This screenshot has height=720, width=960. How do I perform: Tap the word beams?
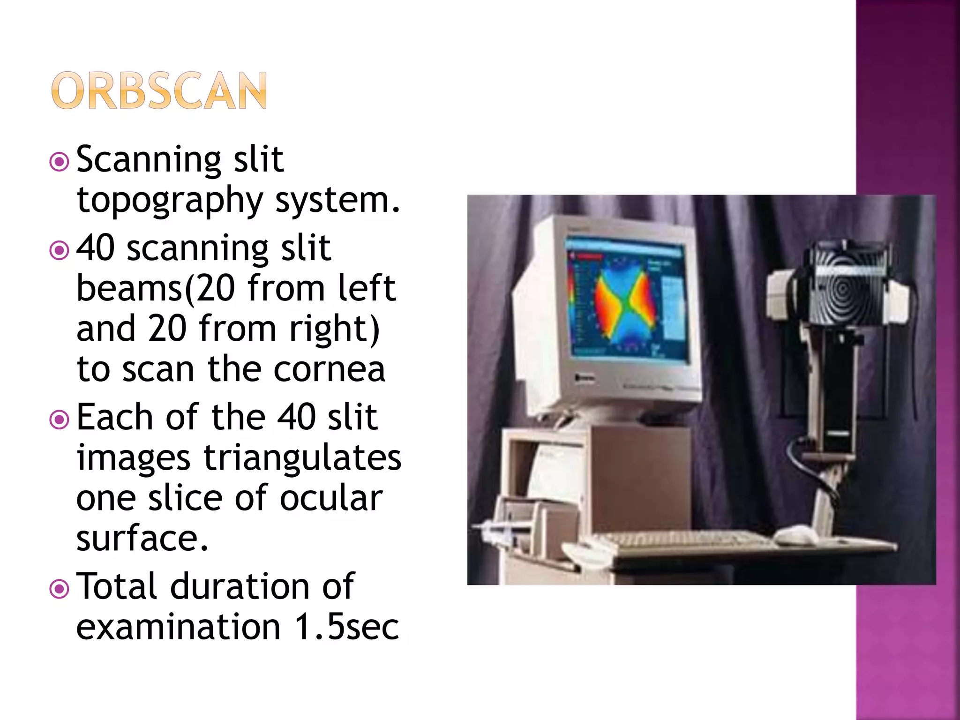[129, 288]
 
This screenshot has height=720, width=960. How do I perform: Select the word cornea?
[329, 369]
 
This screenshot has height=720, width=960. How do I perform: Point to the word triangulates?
[302, 458]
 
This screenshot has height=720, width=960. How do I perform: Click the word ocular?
[331, 498]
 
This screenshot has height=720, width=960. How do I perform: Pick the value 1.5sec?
[347, 627]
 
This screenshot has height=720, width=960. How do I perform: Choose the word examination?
[178, 627]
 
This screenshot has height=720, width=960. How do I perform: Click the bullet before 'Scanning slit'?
[60, 162]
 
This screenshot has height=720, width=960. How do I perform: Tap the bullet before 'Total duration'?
[60, 589]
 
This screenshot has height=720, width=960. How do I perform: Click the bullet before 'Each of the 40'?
[60, 420]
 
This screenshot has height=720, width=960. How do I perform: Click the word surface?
[142, 539]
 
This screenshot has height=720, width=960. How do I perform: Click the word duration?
[239, 587]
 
